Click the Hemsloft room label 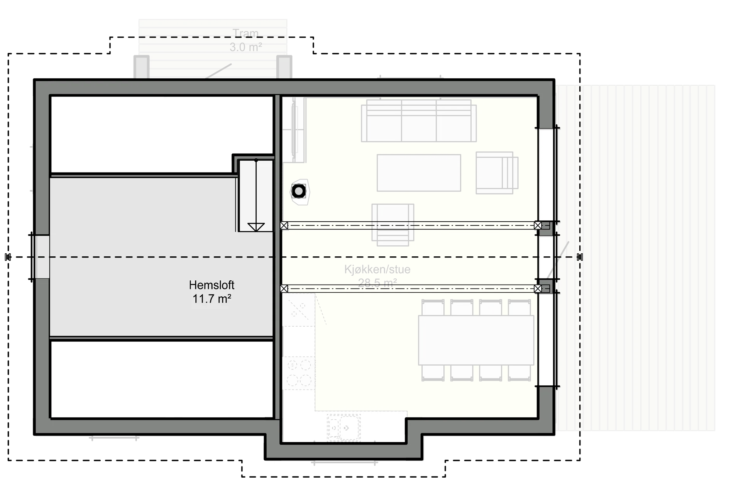211,285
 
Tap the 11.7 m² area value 212,299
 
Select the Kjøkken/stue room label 377,269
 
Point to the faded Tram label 245,33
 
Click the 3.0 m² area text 246,47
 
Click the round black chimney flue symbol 299,191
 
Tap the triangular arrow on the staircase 256,227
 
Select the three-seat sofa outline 419,121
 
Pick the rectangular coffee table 419,173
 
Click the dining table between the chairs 476,340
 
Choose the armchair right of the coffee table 497,173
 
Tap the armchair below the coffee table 392,225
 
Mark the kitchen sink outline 343,427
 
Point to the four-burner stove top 299,372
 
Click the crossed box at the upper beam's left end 284,225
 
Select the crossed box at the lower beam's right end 538,288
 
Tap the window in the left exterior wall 41,257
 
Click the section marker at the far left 8,257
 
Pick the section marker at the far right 580,257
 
